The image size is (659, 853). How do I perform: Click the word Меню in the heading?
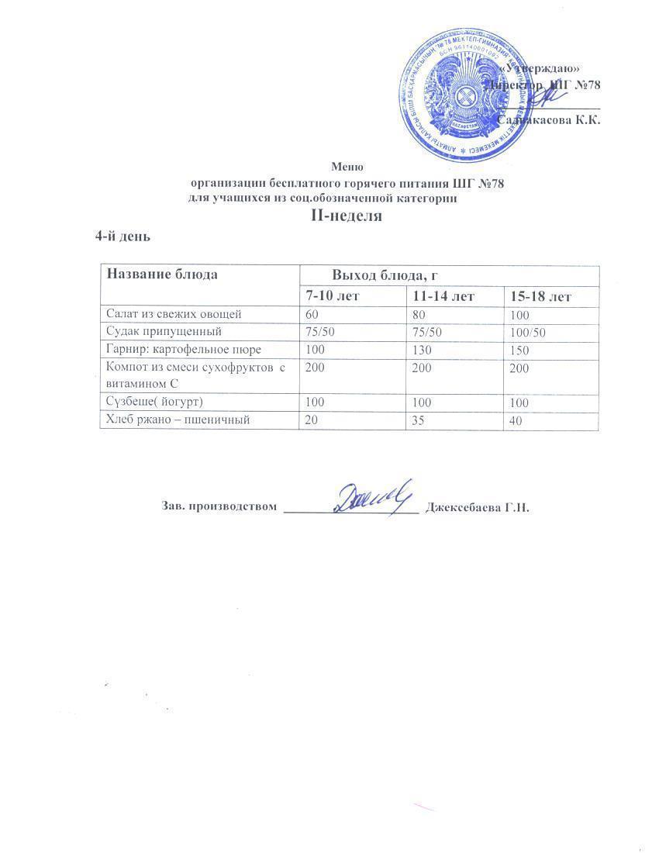(x=347, y=167)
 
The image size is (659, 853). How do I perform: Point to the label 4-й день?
(x=122, y=236)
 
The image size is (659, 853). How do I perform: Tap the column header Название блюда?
(x=162, y=275)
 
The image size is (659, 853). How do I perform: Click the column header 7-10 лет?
(x=333, y=296)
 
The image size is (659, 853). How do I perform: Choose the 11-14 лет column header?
(x=443, y=296)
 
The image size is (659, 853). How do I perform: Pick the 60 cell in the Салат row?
(x=312, y=314)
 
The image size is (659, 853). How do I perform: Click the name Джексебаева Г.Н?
(x=477, y=508)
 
